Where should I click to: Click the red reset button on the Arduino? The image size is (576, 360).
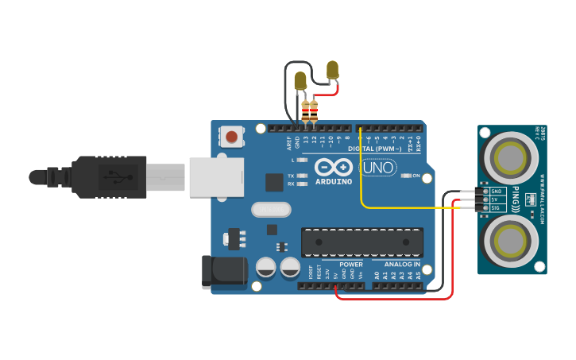pos(231,137)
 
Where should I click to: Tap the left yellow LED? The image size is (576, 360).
pos(300,81)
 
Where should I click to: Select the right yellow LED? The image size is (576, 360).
pos(332,70)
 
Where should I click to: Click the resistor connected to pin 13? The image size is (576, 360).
pos(305,110)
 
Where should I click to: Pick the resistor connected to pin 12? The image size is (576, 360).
pos(314,110)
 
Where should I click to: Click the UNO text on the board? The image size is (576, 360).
pos(379,168)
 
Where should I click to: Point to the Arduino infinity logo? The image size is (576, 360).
pos(334,167)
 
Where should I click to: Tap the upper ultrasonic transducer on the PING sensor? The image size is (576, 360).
pos(512,157)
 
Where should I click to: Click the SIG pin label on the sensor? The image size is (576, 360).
pos(495,208)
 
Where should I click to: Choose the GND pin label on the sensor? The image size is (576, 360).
pos(496,192)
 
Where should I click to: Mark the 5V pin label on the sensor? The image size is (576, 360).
pos(494,199)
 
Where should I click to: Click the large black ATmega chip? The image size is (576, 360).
pos(361,242)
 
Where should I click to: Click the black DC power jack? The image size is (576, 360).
pos(222,271)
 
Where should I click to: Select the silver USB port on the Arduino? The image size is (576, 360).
pos(216,176)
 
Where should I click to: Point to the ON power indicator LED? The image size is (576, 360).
pos(406,176)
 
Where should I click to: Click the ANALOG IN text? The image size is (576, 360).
pos(402,265)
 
